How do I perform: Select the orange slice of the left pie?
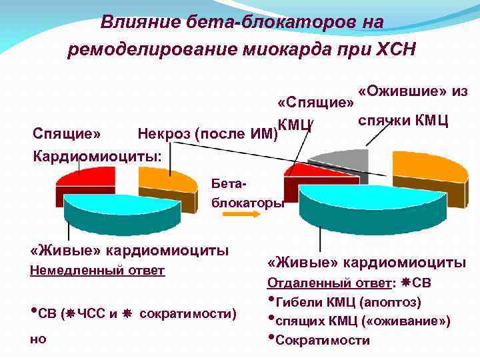coord(170,180)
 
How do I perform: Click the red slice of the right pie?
coord(308,175)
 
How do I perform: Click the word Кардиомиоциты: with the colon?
coord(97,157)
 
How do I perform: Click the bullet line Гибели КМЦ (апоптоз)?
coord(347,302)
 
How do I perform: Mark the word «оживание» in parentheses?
coord(415,321)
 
